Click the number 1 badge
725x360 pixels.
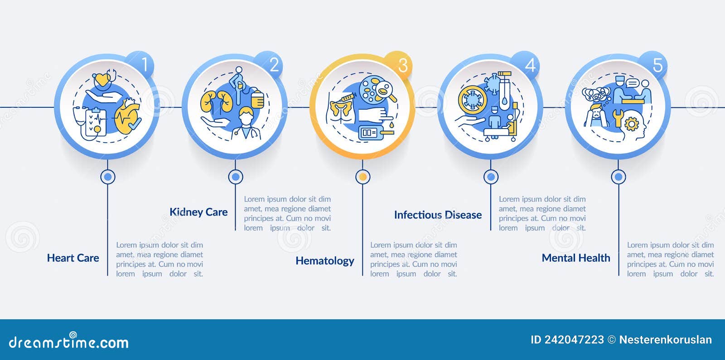pyautogui.click(x=141, y=64)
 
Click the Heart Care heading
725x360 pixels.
pyautogui.click(x=73, y=258)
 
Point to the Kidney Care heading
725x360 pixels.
pyautogui.click(x=198, y=212)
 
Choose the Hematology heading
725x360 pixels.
pyautogui.click(x=324, y=261)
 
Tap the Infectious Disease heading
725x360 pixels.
pyautogui.click(x=438, y=215)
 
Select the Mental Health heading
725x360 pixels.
pyautogui.click(x=576, y=258)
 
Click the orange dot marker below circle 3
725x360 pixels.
pyautogui.click(x=363, y=177)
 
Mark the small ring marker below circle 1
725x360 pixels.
pyautogui.click(x=107, y=177)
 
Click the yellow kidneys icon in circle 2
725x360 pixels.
pyautogui.click(x=217, y=101)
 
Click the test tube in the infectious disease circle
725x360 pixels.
pyautogui.click(x=504, y=91)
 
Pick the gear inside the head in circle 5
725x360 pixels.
pyautogui.click(x=631, y=124)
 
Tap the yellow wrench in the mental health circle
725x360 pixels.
pyautogui.click(x=618, y=118)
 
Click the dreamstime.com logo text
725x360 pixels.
pyautogui.click(x=68, y=341)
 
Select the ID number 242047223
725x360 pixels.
pyautogui.click(x=574, y=340)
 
